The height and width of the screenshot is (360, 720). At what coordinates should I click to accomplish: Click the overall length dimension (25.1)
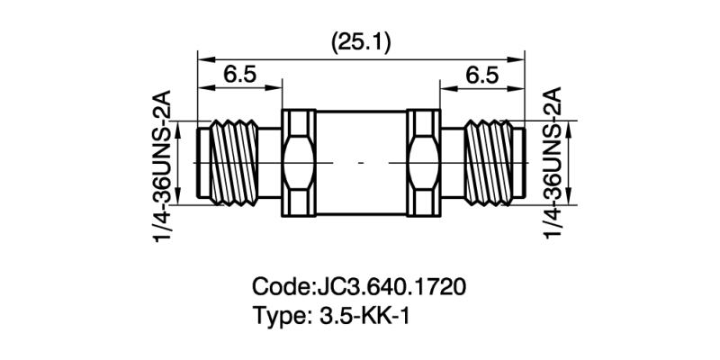click(x=361, y=41)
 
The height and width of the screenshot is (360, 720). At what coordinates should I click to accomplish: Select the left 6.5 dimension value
click(x=238, y=76)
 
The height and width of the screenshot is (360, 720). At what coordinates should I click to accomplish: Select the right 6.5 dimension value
click(x=481, y=76)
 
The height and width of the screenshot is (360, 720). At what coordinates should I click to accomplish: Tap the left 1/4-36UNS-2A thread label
click(x=165, y=163)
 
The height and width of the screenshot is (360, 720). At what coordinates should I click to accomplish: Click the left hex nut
click(x=299, y=163)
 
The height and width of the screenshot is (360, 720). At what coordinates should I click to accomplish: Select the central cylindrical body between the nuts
click(x=360, y=163)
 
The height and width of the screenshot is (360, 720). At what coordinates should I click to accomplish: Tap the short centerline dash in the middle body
click(x=360, y=163)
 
